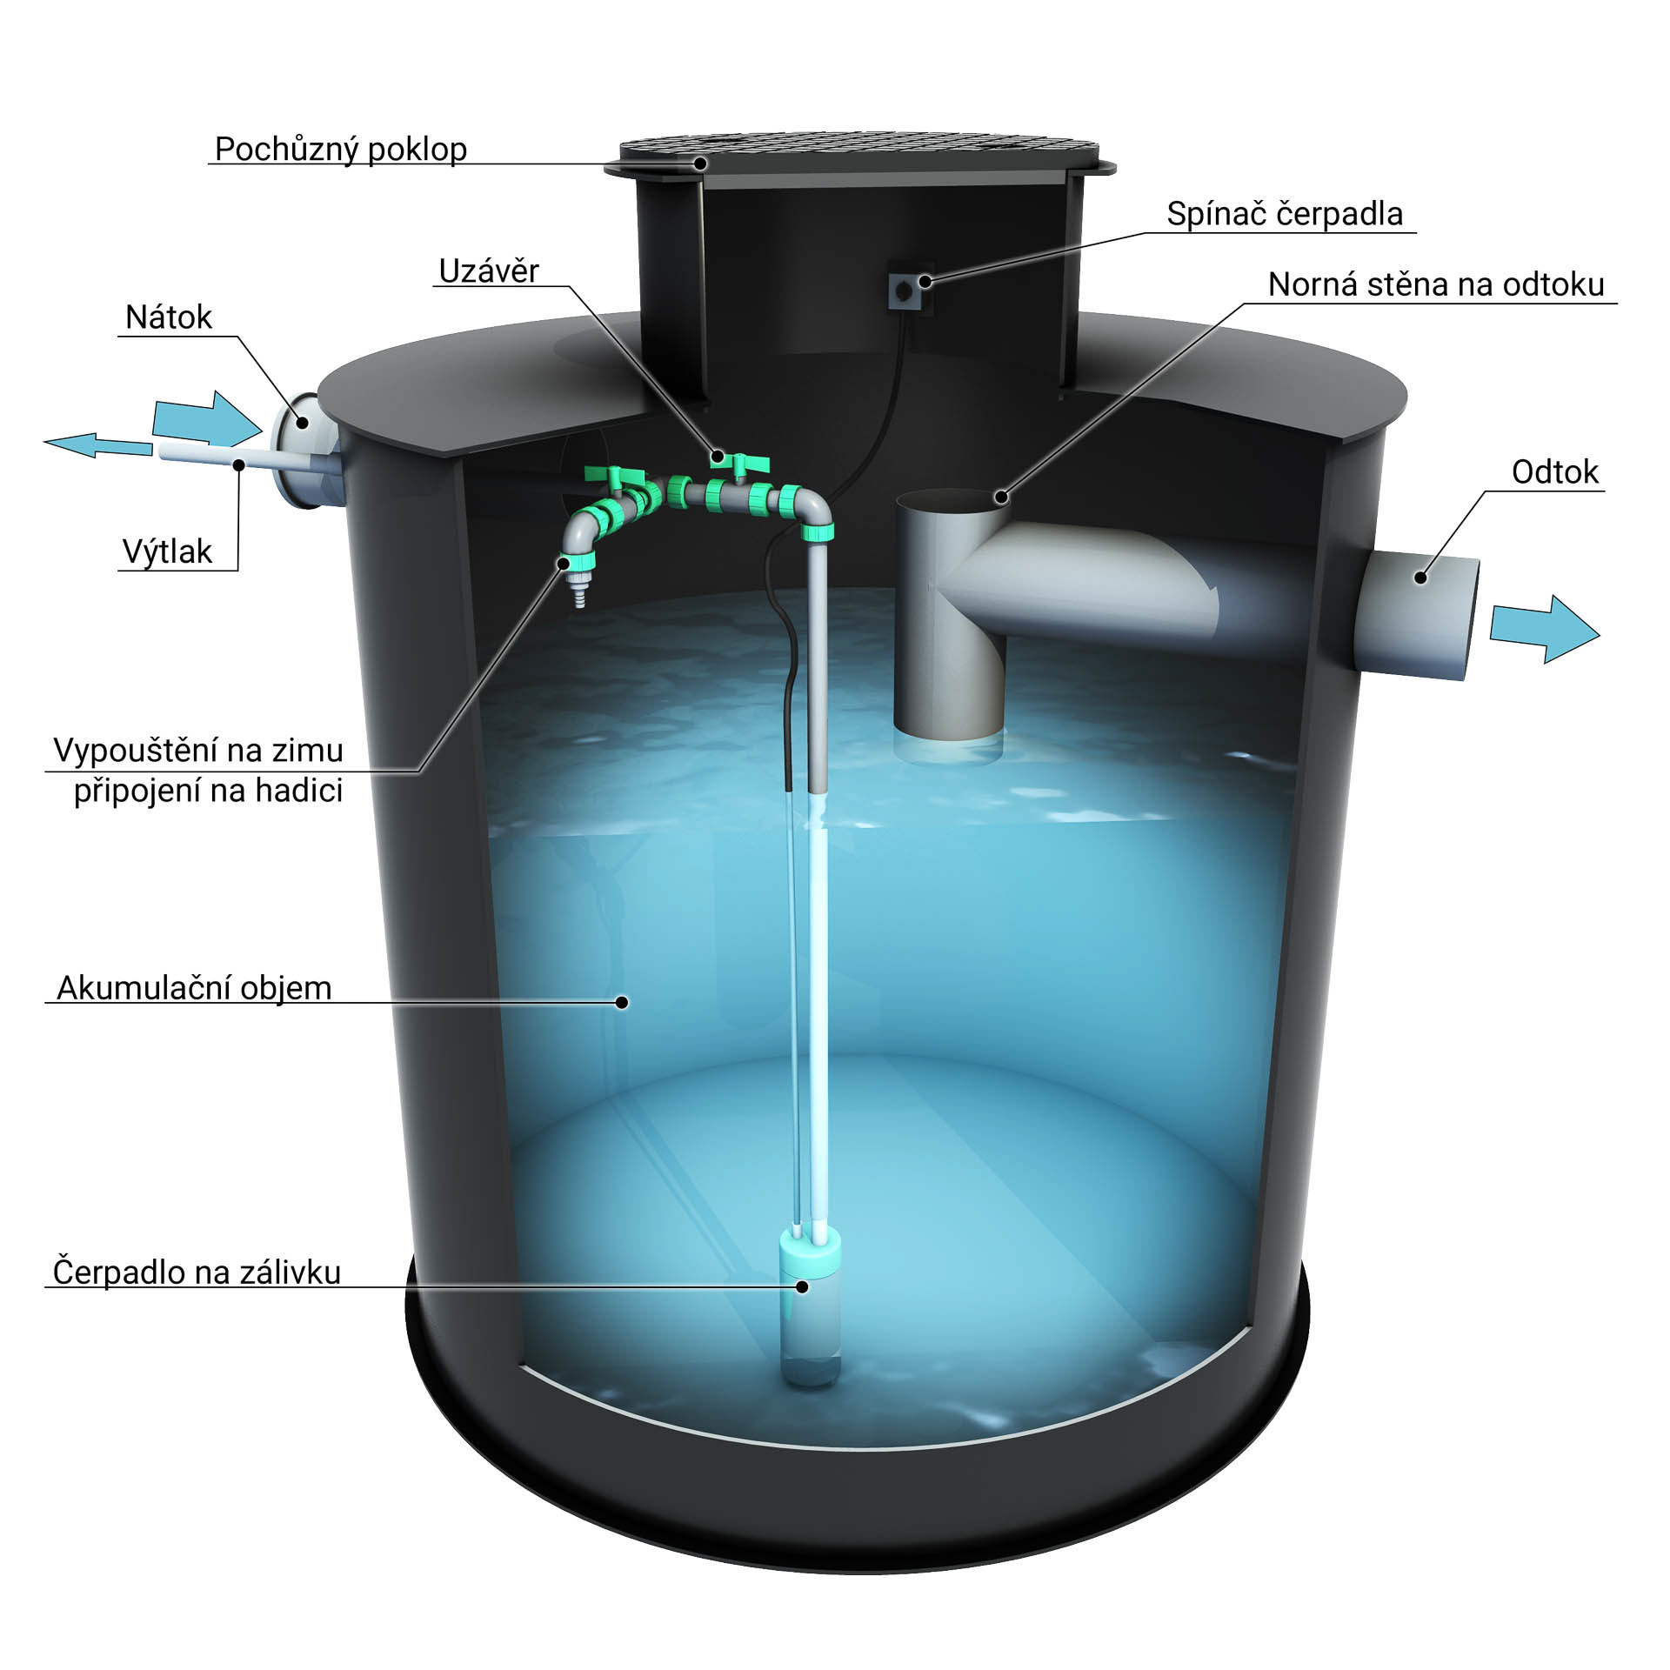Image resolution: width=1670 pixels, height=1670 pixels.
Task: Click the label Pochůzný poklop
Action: coord(340,150)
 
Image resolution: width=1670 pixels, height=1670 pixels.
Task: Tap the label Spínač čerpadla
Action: coord(1284,214)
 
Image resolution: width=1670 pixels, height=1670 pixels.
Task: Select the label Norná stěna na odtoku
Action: coord(1435,285)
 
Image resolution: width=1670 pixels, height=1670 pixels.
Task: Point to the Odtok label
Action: coord(1554,472)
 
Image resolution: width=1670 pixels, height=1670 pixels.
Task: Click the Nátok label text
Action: coord(168,317)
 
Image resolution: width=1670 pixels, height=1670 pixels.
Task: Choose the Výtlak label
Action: coord(167,551)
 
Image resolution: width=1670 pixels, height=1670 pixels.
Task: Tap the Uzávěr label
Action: coord(488,271)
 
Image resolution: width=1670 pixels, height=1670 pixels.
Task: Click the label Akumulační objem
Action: coord(194,988)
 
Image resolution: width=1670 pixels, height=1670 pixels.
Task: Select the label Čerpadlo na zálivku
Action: coord(197,1273)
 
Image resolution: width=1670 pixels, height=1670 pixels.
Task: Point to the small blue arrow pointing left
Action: coord(97,444)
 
